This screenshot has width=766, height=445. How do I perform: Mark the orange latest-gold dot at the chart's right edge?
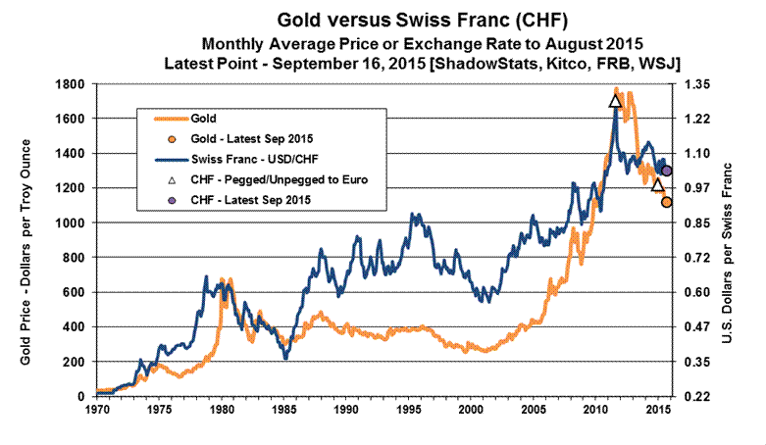(666, 202)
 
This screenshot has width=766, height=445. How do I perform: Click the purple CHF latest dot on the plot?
(666, 171)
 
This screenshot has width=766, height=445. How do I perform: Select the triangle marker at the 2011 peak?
(615, 100)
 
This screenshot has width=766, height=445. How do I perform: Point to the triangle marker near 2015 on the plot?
(658, 184)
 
